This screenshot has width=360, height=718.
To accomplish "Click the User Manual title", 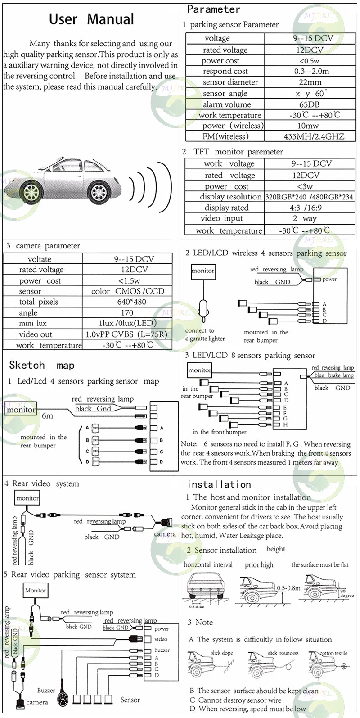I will click(91, 19).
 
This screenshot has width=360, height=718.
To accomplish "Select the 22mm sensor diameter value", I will click(310, 82).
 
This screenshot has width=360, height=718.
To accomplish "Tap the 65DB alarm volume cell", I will click(310, 104).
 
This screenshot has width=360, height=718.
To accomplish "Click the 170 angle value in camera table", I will click(127, 313).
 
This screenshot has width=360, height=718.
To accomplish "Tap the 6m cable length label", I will click(47, 416).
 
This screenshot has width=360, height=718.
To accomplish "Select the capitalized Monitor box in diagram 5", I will click(36, 590).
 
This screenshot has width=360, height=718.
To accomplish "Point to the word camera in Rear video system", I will click(165, 534).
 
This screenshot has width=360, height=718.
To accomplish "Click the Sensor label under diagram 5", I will click(130, 700).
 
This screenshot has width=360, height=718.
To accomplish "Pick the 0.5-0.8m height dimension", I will click(288, 588).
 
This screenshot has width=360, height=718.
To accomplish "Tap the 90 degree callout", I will click(347, 593).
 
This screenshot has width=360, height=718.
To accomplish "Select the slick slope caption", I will click(222, 653).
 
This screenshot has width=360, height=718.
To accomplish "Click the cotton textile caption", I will click(334, 653).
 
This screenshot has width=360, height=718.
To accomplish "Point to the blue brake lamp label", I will click(334, 375).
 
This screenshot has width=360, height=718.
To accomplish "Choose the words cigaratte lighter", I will click(205, 339).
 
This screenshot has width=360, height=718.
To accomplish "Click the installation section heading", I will click(219, 485).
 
